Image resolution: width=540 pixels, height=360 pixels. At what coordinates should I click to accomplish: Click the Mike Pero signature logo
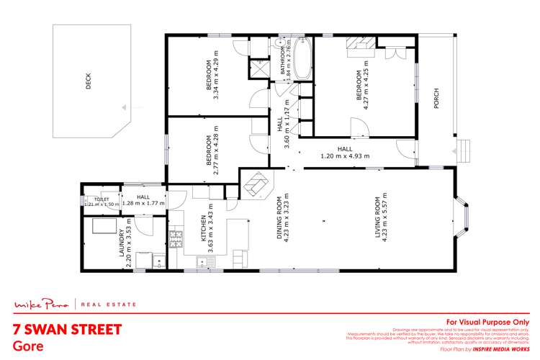click(44, 304)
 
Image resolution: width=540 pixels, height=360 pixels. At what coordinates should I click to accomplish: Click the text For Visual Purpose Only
click(488, 321)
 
